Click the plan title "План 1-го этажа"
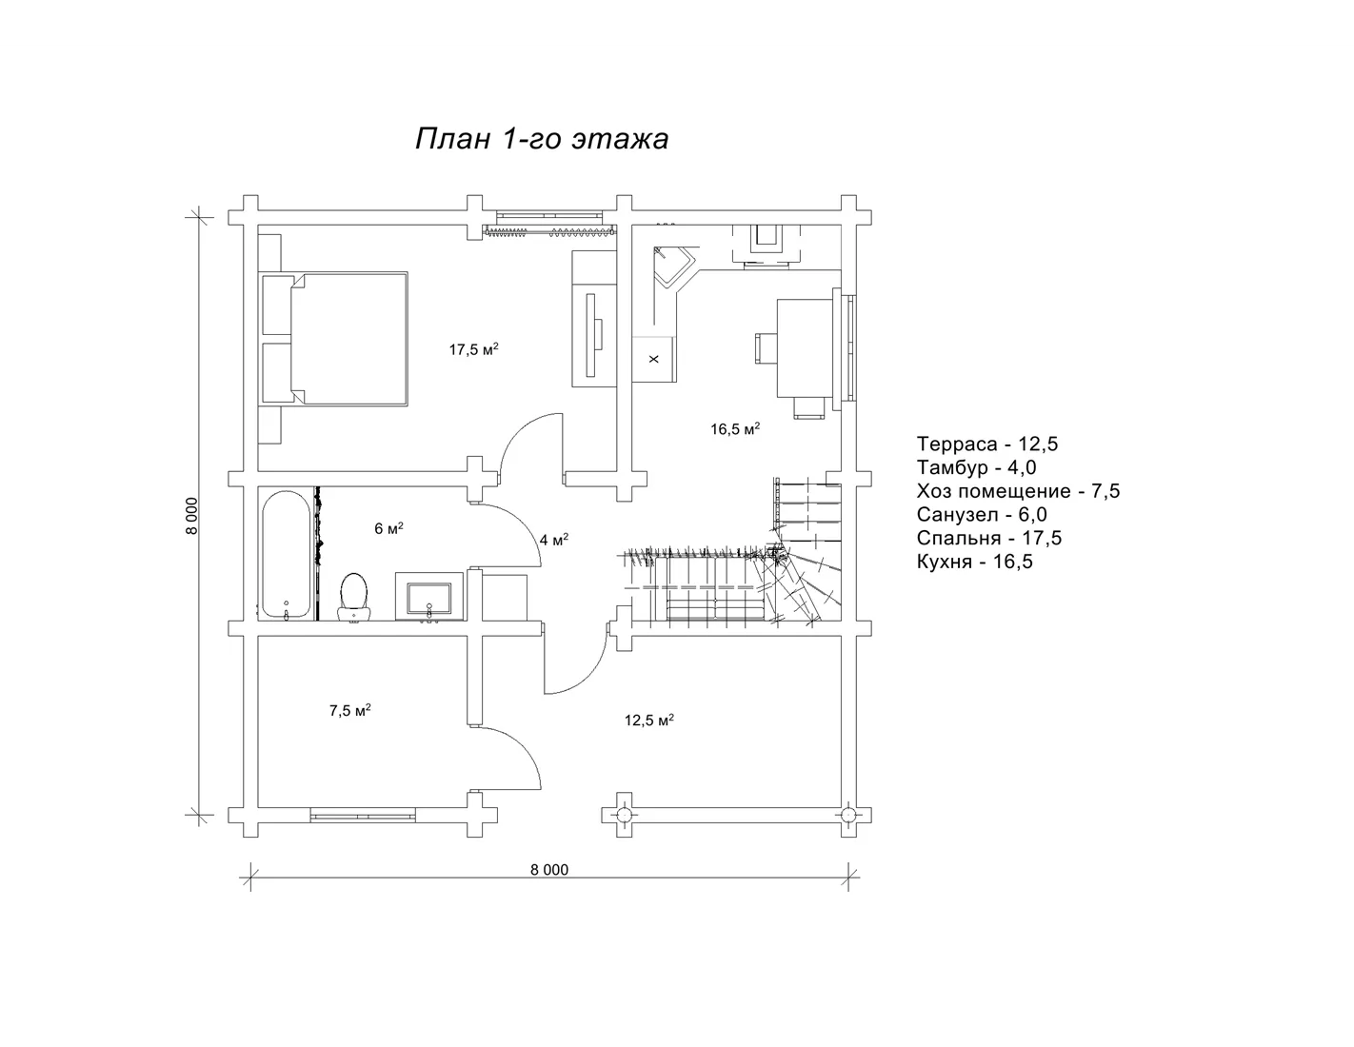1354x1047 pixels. coord(542,139)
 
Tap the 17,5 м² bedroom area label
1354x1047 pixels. coord(473,349)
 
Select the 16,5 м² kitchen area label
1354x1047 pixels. coord(735,428)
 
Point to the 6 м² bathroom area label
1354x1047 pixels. coord(388,528)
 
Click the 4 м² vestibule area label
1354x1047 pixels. coord(554,540)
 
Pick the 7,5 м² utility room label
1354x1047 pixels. coord(350,710)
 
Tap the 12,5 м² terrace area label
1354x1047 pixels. coord(649,720)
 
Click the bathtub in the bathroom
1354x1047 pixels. coord(286,554)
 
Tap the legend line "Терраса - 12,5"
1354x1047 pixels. coord(987,444)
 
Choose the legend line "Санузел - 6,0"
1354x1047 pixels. coord(982,515)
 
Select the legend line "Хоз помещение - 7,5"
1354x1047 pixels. coord(1018,491)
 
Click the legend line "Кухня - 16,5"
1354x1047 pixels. coord(974,562)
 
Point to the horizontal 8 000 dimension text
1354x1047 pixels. coord(549,870)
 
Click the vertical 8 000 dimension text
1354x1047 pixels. coord(192,516)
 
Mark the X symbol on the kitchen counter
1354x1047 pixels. coord(653,360)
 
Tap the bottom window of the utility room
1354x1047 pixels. coord(363,815)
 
